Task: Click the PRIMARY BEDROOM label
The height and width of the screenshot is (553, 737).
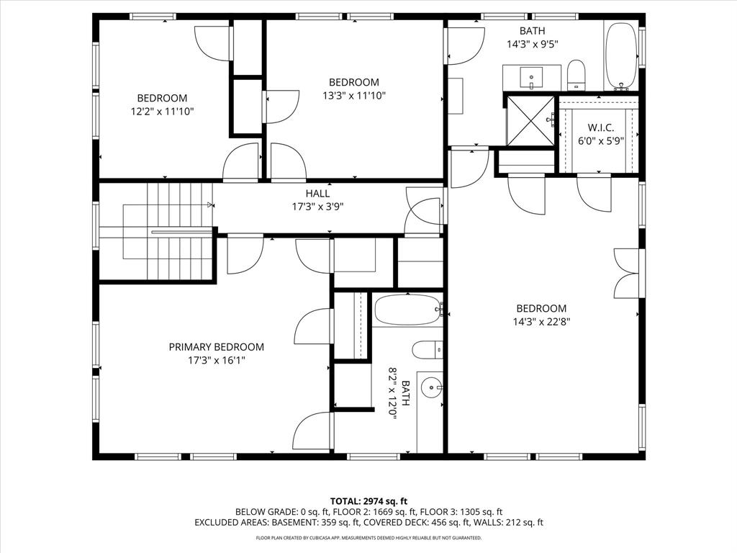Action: tap(216, 347)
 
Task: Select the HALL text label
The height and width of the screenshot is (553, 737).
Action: tap(317, 194)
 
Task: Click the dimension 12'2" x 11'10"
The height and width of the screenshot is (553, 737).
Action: tap(162, 112)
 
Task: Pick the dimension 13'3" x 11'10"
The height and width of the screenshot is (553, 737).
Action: tap(354, 96)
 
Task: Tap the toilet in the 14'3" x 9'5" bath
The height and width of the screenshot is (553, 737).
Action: tap(577, 75)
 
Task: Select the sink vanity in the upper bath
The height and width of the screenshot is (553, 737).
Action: tap(531, 76)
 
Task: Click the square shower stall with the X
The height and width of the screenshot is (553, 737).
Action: tap(530, 120)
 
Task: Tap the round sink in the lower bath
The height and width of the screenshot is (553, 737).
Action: tap(430, 387)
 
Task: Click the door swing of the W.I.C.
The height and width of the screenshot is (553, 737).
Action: tap(594, 194)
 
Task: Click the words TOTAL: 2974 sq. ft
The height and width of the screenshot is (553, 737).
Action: tap(368, 500)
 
